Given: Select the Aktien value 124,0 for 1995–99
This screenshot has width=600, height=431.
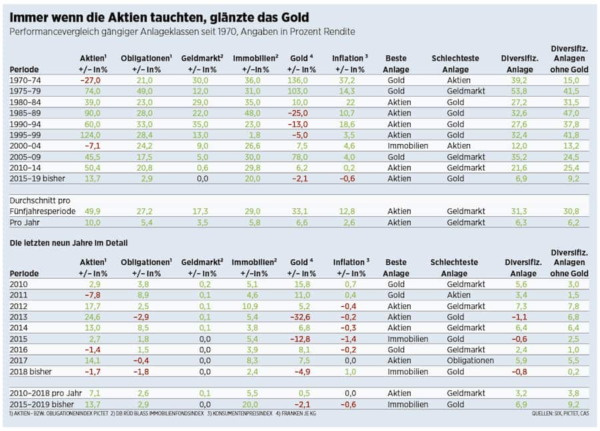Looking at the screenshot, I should (x=91, y=134).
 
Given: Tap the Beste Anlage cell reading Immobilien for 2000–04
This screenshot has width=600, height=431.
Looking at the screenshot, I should (x=407, y=145).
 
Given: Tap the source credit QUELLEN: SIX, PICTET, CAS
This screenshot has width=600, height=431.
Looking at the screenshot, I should (x=560, y=414).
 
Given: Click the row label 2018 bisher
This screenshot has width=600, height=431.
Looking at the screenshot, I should (x=31, y=371).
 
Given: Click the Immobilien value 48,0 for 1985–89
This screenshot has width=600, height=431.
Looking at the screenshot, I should (x=251, y=113).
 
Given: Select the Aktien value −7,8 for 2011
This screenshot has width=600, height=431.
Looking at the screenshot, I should (x=92, y=296).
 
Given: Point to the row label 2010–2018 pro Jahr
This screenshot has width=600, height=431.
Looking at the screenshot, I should (x=43, y=393).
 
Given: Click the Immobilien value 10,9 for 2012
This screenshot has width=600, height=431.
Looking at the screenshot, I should (x=251, y=306).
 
